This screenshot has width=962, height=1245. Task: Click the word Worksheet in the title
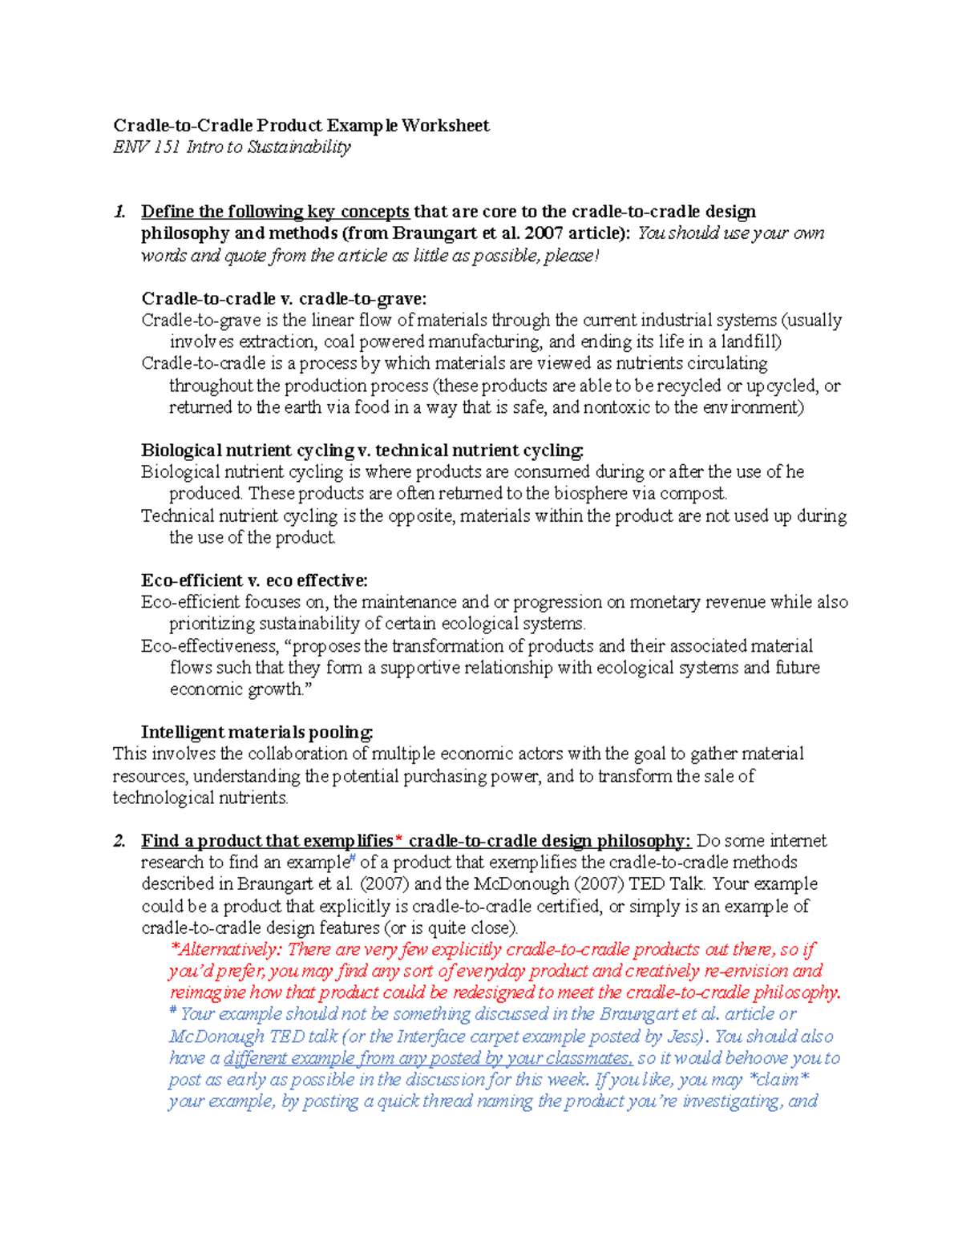click(x=445, y=125)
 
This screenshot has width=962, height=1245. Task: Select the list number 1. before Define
click(x=119, y=212)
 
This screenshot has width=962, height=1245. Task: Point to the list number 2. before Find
click(x=119, y=841)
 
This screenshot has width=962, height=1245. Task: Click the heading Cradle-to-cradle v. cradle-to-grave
click(x=284, y=299)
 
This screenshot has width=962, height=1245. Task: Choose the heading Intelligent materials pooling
click(x=257, y=732)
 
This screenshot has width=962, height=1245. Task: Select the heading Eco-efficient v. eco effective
click(x=254, y=580)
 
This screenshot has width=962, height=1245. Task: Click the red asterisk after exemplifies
click(x=399, y=840)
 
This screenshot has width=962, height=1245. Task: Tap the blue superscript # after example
click(x=352, y=859)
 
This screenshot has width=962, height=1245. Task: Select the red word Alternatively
click(x=230, y=950)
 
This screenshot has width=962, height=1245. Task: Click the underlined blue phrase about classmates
click(x=428, y=1058)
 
